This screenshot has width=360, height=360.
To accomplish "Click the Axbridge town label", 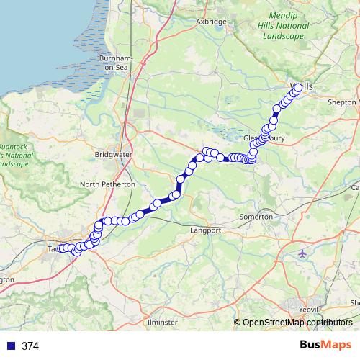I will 211,22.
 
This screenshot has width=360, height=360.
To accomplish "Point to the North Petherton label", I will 107,184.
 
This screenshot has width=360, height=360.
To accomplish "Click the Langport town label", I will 204,230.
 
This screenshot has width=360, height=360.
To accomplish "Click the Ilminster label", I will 162,321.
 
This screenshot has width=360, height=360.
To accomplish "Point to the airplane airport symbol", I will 302,253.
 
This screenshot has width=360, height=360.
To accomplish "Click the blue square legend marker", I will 10,346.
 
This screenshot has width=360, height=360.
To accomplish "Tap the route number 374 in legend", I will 30,346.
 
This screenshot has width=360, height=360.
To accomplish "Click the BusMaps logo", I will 325,346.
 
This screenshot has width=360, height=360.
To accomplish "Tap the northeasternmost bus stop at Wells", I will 298,88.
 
